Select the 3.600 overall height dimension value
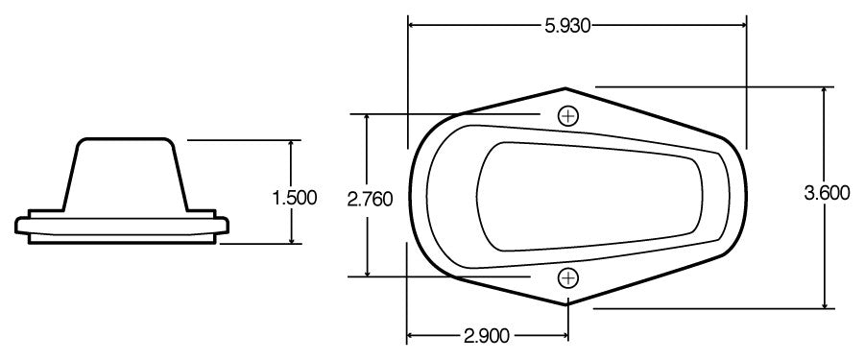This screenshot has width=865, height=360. pos(827,193)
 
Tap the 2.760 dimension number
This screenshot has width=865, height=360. pos(368,200)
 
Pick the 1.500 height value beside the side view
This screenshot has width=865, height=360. pos(294,199)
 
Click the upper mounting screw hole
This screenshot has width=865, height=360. pos(568,116)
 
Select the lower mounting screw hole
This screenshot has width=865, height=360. pos(568,278)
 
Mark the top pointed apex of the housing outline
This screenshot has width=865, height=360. pos(567,86)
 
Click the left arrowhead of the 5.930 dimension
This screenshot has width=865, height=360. pos(412,26)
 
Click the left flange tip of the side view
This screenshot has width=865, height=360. pos(18,226)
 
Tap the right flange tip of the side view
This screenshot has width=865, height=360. pos(229,226)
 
